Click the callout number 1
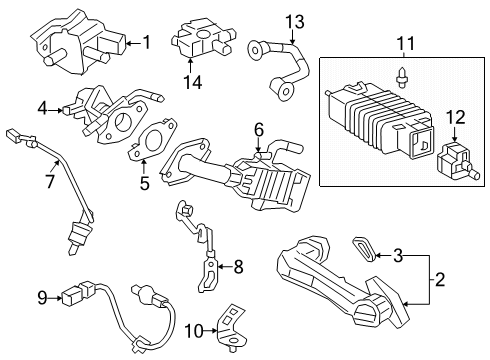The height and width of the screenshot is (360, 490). (x=146, y=43)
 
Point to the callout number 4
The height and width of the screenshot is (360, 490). (x=42, y=108)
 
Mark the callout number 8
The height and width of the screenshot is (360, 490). (x=237, y=267)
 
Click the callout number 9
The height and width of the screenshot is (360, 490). (x=42, y=296)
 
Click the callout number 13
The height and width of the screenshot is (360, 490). (x=293, y=21)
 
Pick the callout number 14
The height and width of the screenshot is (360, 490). (x=193, y=83)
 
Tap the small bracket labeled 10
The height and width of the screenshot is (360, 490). (x=233, y=322)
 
